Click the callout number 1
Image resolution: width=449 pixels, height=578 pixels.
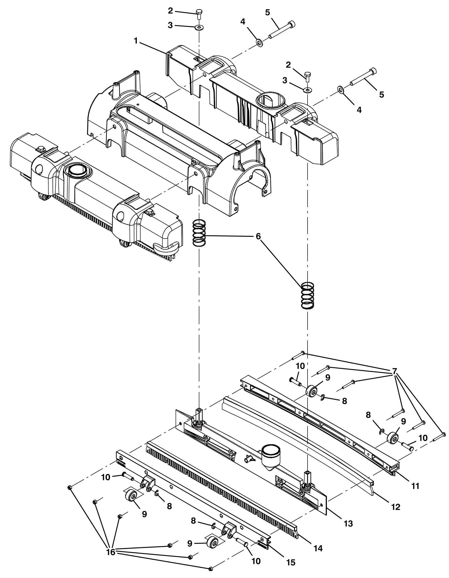136,41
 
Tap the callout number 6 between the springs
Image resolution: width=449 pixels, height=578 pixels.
258,236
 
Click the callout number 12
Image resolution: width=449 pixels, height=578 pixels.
395,507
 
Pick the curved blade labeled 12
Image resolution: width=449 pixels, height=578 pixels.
297,444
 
